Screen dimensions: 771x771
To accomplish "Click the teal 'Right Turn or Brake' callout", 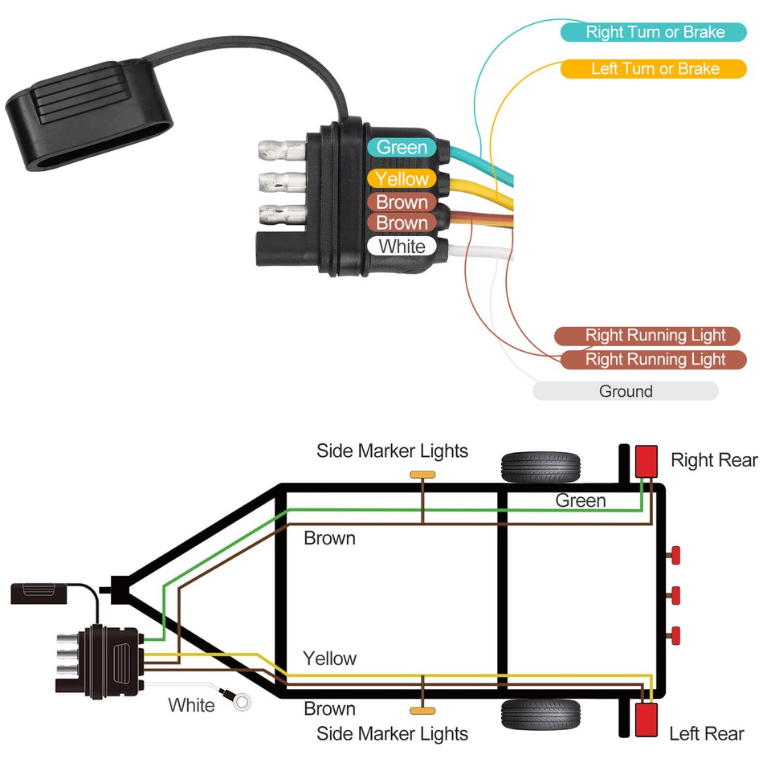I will pos(654,32).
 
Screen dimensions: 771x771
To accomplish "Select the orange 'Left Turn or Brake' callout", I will pos(654,68).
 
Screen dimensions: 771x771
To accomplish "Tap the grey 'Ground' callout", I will pos(625,391).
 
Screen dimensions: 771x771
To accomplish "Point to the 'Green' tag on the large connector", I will pos(402,147).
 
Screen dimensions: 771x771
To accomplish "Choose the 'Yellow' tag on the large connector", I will pos(402,178).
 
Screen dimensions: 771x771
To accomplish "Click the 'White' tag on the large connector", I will pos(402,246).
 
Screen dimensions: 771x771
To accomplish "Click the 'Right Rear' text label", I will pos(714,460).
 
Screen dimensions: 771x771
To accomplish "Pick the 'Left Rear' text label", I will pos(706,733).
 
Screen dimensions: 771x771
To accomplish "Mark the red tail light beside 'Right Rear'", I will pos(647,461).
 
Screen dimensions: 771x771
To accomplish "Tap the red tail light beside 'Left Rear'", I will pos(647,720).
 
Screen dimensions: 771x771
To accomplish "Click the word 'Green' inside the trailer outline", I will pos(580,501).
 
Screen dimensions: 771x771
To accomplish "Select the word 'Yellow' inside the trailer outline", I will pos(329,659).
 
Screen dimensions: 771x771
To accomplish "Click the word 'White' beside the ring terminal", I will pos(191,705).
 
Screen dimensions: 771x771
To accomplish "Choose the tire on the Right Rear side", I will pos(541,466).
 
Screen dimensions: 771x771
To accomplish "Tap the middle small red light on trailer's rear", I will pos(675,595).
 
